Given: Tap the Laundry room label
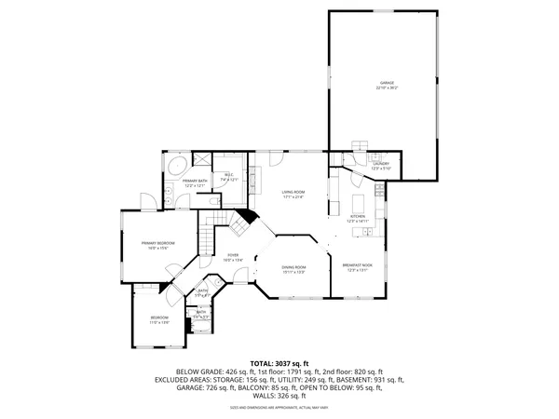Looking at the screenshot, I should (x=381, y=164).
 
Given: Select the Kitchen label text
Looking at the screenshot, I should (x=359, y=217).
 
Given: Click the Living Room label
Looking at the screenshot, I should (x=294, y=192).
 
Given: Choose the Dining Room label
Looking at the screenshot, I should (x=294, y=267).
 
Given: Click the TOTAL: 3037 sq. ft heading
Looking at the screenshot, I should (x=279, y=363).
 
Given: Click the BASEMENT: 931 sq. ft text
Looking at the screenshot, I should (x=370, y=379).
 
